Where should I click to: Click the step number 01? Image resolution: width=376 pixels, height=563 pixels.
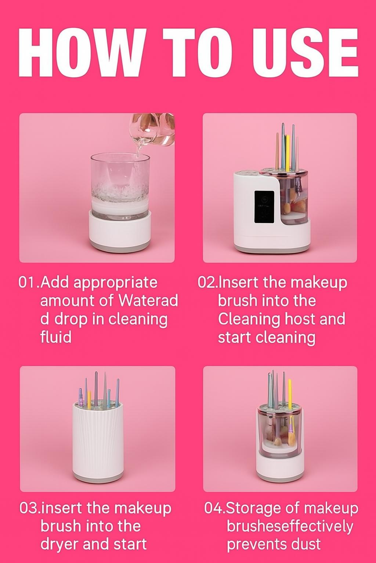(x=28, y=283)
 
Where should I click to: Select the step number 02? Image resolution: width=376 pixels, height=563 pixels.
(x=207, y=283)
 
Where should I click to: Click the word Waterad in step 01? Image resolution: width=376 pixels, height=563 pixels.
(x=148, y=301)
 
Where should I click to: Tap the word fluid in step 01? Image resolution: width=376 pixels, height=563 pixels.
(x=55, y=337)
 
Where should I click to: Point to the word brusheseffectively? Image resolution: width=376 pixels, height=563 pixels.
(x=290, y=526)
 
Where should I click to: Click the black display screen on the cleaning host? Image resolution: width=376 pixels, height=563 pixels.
(x=264, y=207)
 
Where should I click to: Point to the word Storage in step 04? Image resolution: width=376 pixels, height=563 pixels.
(x=250, y=508)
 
